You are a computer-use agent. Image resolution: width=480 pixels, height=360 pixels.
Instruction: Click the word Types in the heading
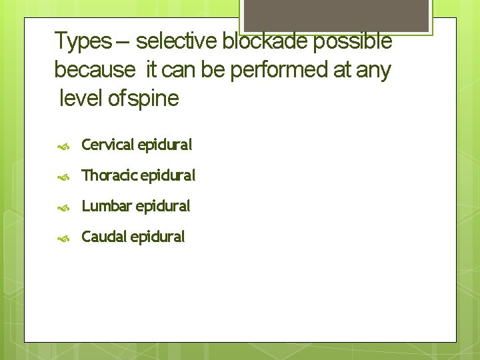[83, 41]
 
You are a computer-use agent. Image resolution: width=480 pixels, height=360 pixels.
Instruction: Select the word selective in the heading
[177, 41]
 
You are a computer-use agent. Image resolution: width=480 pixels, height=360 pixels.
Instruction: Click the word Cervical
[108, 144]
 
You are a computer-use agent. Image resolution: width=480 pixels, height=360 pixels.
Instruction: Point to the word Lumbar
[107, 206]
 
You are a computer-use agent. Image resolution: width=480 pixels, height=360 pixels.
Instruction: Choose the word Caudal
[104, 237]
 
